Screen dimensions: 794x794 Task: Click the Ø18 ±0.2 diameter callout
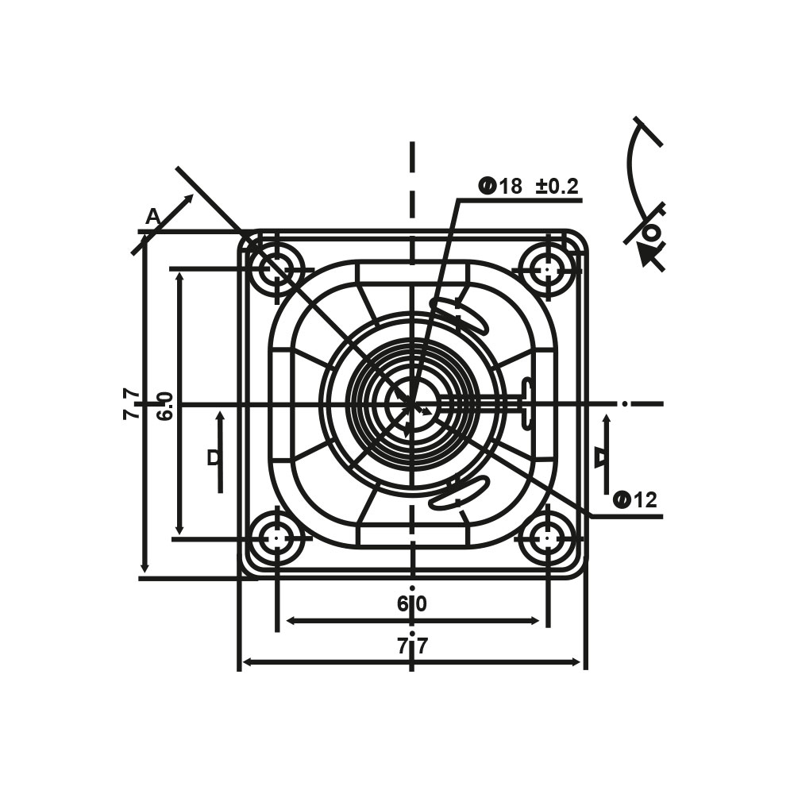(528, 187)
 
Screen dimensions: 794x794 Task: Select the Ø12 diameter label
(635, 500)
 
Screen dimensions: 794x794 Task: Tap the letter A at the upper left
(152, 218)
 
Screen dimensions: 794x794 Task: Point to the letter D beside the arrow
(214, 458)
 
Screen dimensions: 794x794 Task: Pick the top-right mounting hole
(548, 268)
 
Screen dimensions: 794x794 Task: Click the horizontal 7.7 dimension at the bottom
(413, 646)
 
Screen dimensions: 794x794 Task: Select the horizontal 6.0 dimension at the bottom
(413, 603)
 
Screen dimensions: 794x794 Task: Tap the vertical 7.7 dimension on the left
(132, 403)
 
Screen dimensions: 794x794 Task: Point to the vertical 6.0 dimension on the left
(165, 406)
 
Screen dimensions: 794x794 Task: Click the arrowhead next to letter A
(188, 200)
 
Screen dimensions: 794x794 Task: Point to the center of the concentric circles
(413, 403)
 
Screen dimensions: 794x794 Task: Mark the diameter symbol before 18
(487, 187)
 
